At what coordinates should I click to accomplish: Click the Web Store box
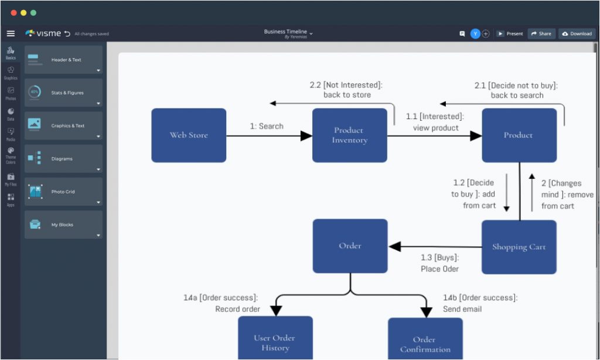pos(189,135)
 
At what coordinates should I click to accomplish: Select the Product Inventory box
pos(349,135)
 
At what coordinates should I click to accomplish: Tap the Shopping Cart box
pos(519,247)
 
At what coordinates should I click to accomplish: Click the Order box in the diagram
pos(350,246)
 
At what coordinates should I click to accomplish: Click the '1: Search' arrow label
pos(267,126)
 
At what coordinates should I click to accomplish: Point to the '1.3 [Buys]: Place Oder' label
pos(439,263)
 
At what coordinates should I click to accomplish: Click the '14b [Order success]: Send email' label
pos(480,303)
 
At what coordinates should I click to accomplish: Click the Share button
pos(541,33)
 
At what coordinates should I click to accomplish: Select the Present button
pos(510,33)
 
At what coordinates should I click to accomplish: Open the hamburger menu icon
pos(11,33)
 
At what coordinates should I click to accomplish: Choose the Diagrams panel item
pos(63,159)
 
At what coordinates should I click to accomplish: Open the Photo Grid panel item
pos(63,192)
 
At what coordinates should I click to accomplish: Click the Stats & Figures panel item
pos(63,93)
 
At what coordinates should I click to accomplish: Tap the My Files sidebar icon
pos(11,179)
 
